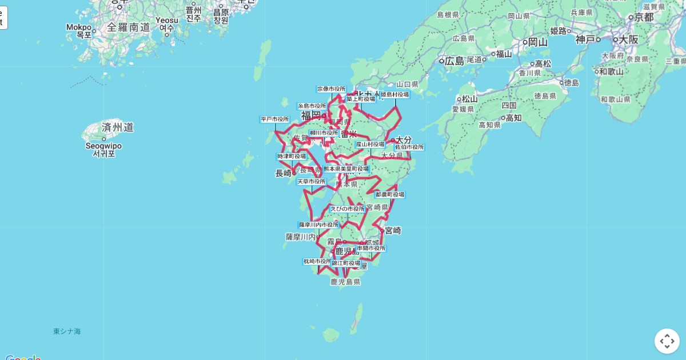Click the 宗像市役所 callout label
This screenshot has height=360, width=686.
coord(332,89)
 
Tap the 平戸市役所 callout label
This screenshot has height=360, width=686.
coord(275,119)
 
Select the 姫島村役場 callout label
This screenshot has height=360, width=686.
coord(395,94)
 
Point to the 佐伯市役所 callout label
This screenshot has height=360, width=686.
coord(409,147)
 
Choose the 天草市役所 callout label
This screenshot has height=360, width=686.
coord(311,182)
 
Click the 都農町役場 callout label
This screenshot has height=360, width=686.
coord(390,195)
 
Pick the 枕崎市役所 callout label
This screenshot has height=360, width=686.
coord(317,261)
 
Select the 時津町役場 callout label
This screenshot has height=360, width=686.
coord(292,157)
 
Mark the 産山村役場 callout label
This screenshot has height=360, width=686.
coord(370,145)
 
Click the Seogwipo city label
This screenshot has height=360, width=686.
coord(104,146)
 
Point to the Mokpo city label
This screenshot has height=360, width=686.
coord(79,27)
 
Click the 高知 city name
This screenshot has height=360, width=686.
coord(513,118)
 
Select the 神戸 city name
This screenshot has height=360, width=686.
coord(585,39)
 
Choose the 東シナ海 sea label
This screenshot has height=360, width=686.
coord(67,331)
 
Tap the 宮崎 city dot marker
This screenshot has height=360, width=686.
coord(382,231)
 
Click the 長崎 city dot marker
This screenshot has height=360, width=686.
coord(294,173)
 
